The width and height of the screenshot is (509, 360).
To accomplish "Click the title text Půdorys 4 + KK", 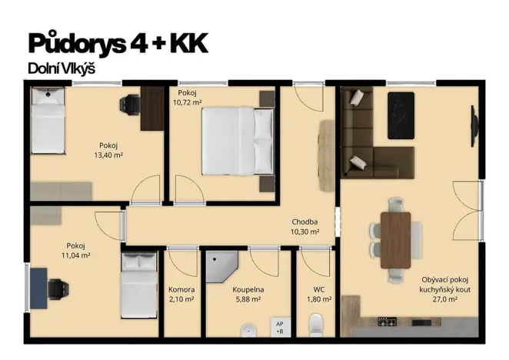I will pyautogui.click(x=118, y=44).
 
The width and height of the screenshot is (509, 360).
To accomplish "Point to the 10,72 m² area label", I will pyautogui.click(x=187, y=102).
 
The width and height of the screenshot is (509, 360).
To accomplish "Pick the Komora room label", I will pyautogui.click(x=181, y=289).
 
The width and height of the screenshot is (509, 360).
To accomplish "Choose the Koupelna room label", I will pyautogui.click(x=248, y=289).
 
